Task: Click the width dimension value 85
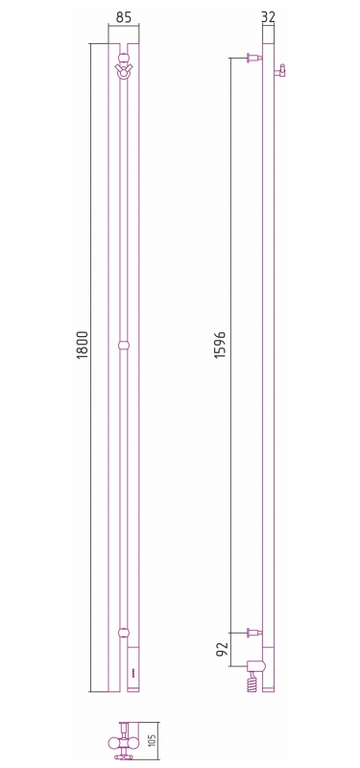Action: (x=124, y=17)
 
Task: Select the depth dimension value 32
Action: (x=269, y=17)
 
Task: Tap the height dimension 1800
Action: (x=83, y=345)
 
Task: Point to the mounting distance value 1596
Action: (x=221, y=346)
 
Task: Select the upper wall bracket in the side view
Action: (x=254, y=59)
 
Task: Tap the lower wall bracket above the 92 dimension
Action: (x=254, y=633)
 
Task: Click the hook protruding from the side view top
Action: (x=279, y=70)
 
